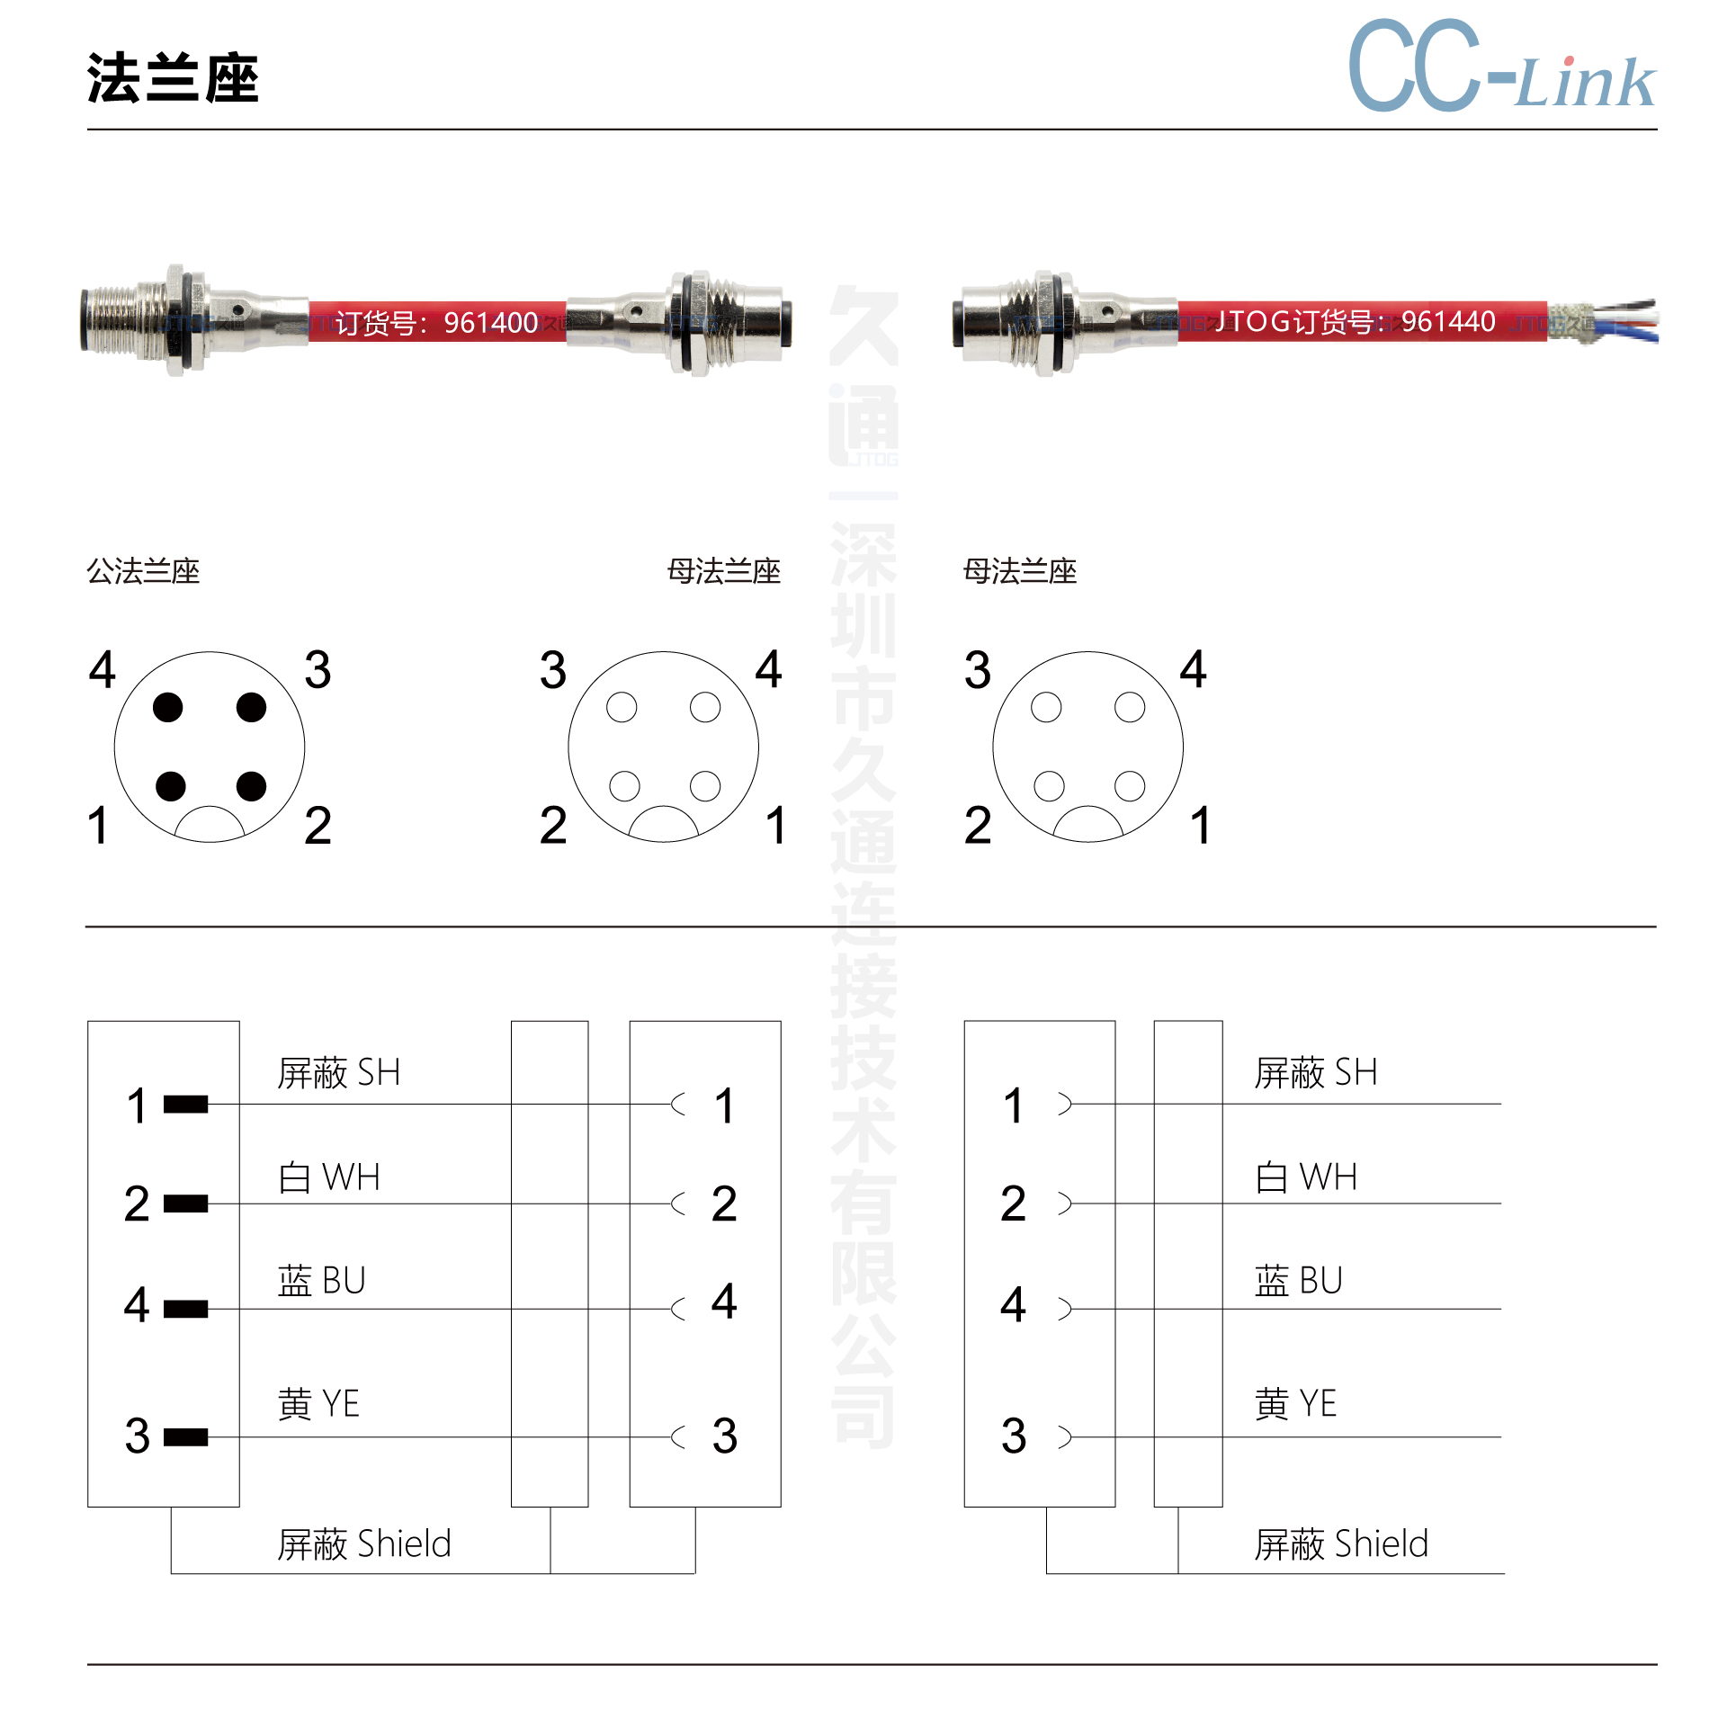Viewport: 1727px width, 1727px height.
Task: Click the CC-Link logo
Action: pos(1502,65)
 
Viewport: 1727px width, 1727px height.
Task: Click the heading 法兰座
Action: pos(173,78)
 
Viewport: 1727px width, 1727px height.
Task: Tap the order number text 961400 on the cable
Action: pos(491,322)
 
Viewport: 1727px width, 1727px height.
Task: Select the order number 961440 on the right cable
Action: pos(1448,321)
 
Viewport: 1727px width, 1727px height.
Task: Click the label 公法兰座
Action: pos(143,571)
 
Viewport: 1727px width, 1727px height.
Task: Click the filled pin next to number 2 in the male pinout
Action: pos(251,786)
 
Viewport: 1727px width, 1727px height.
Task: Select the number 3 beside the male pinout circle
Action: pos(318,670)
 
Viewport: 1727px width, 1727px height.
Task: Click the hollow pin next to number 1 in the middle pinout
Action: pos(705,786)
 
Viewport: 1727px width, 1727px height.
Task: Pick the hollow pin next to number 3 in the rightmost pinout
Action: pos(1046,707)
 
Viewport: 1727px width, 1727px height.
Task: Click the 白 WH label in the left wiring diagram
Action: pos(329,1177)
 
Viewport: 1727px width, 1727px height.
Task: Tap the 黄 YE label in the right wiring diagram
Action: pos(1295,1403)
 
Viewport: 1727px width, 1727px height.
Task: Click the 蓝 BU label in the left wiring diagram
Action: pos(321,1281)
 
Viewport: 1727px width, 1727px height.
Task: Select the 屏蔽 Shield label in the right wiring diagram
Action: pos(1341,1544)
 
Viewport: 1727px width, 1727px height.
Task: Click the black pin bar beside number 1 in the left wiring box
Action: pos(186,1104)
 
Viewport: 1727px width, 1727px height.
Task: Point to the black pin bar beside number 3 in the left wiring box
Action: pos(186,1437)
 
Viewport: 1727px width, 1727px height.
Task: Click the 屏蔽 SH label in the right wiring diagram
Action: pos(1316,1073)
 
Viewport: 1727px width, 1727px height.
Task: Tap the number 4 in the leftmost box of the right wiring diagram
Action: pos(1014,1304)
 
